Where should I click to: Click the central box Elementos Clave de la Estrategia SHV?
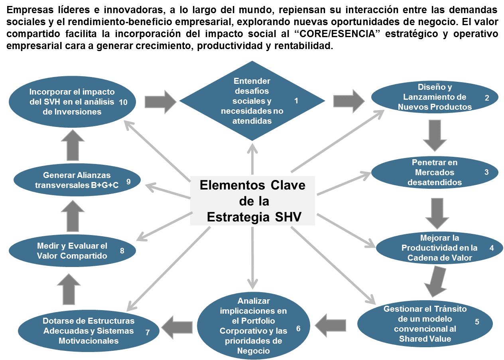click(x=252, y=201)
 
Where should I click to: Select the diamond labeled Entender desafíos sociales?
click(x=252, y=101)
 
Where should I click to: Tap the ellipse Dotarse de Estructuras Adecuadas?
click(x=89, y=331)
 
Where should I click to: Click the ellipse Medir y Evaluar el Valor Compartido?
click(x=72, y=251)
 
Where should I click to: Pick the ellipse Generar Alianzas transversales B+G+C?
click(x=72, y=180)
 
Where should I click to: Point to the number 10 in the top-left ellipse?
click(x=123, y=102)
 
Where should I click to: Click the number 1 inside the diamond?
click(x=296, y=101)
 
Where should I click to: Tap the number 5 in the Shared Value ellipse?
click(x=477, y=322)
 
